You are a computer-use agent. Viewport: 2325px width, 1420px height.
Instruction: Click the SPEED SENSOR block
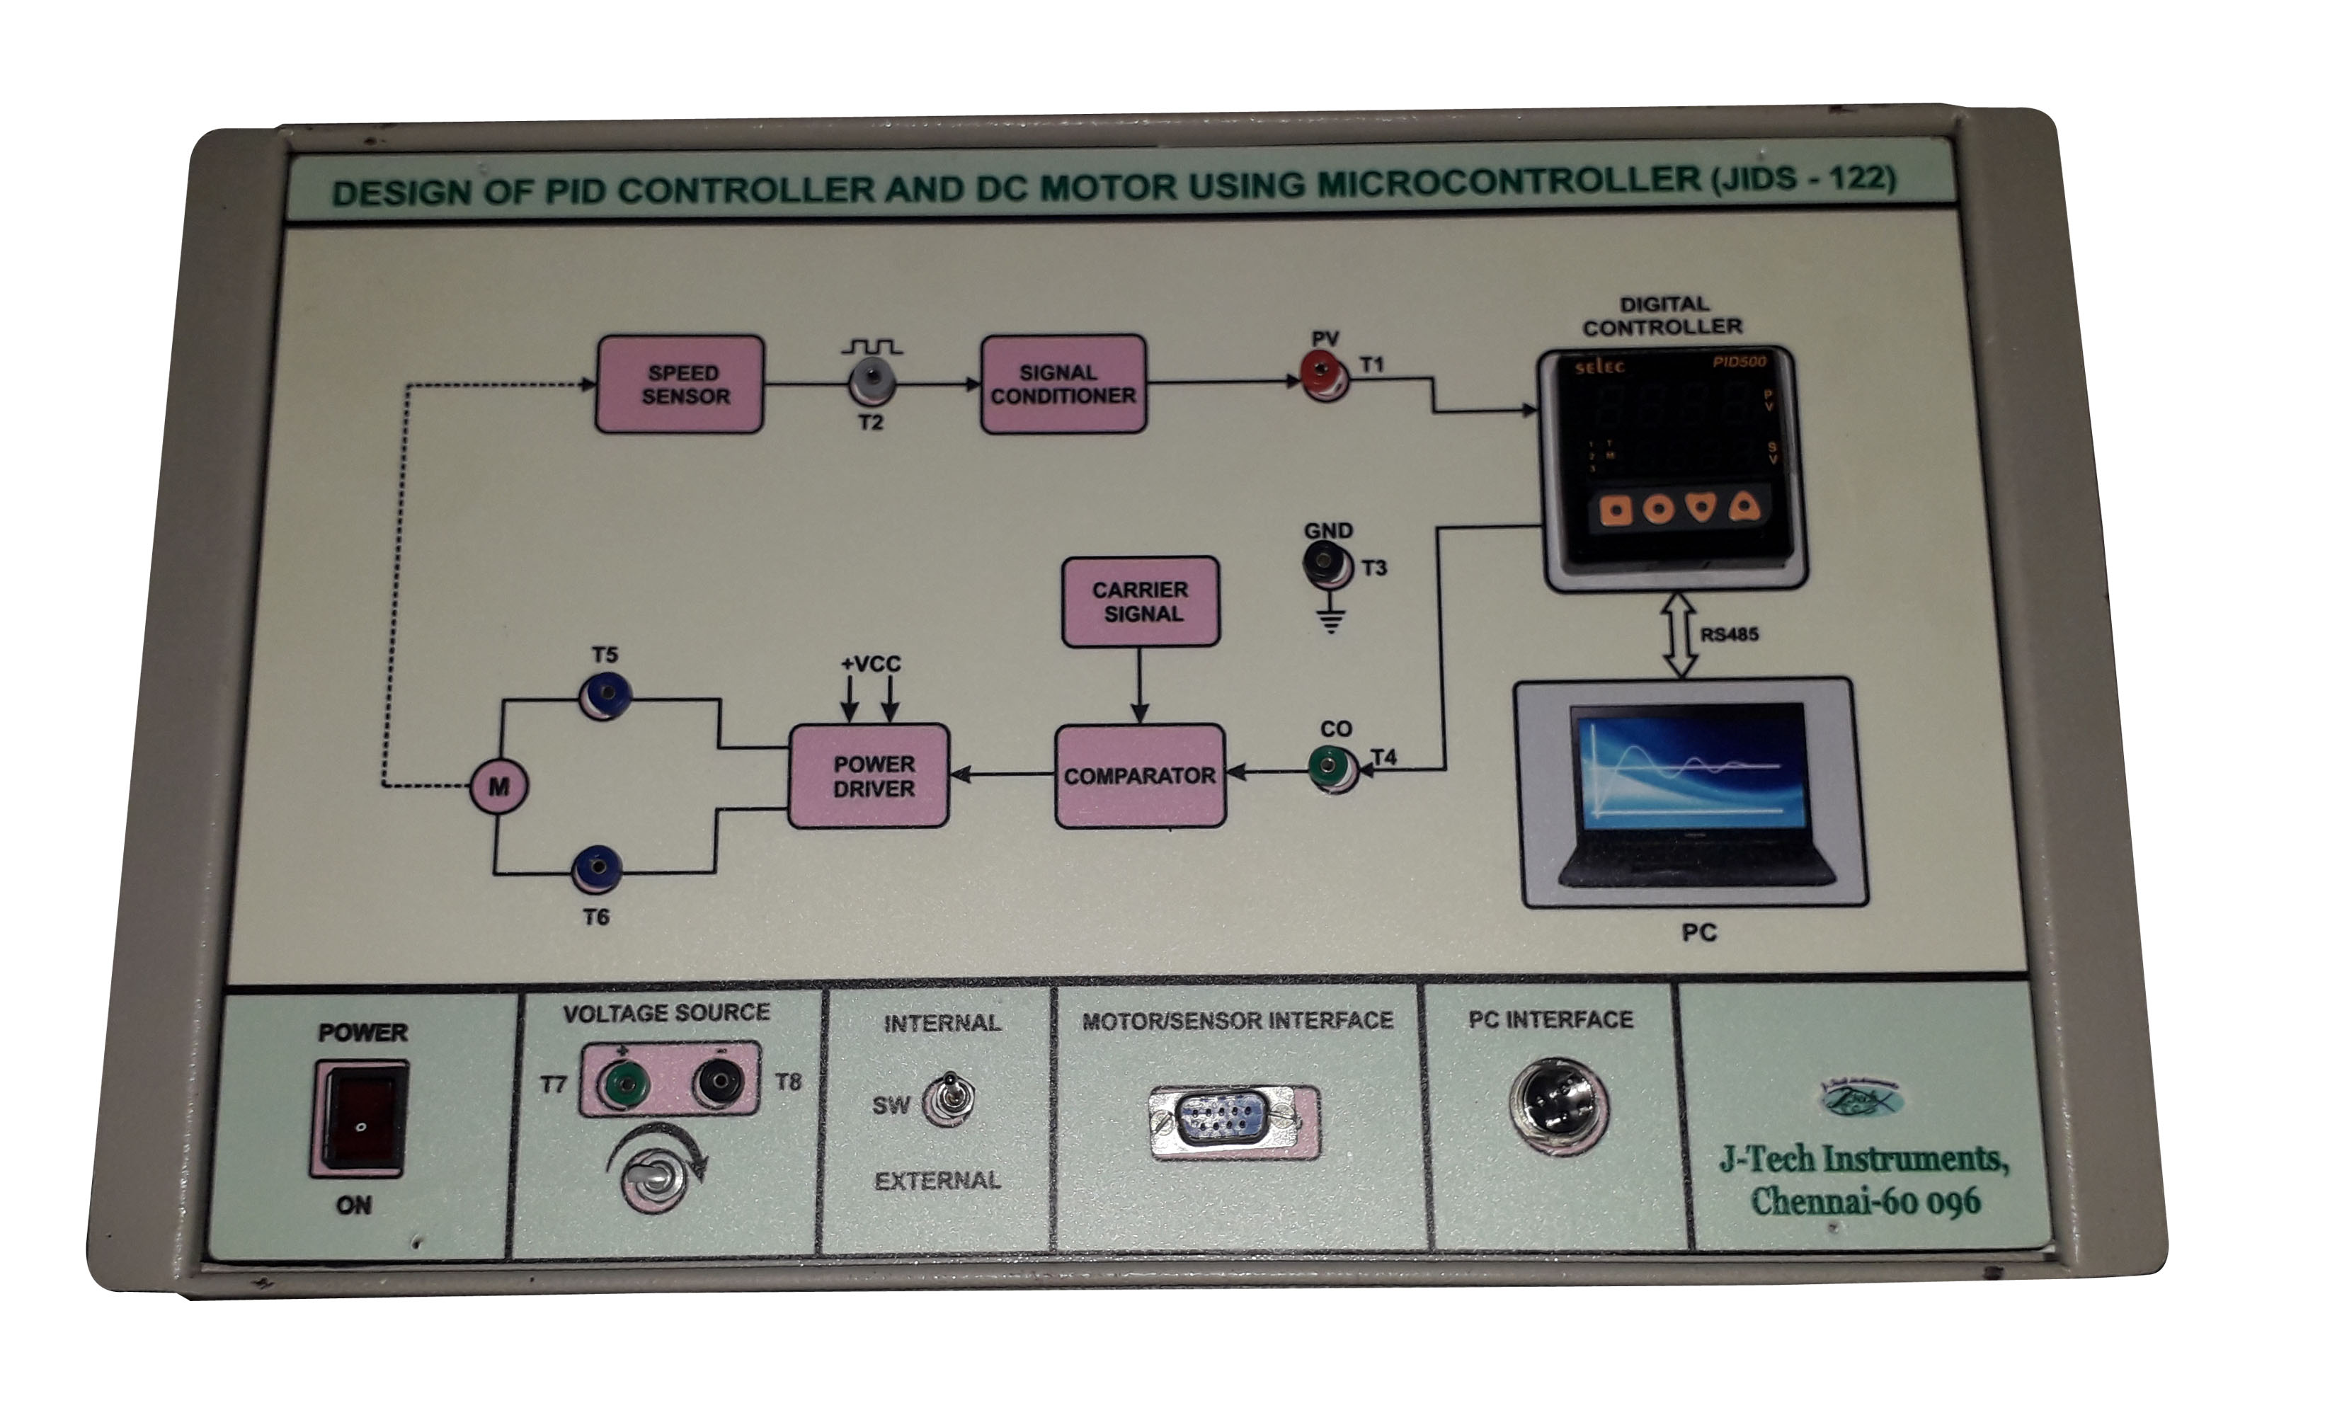coord(680,384)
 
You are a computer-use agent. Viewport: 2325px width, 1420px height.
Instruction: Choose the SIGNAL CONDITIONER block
coord(1063,384)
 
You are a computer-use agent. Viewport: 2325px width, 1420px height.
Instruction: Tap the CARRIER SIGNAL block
coord(1141,601)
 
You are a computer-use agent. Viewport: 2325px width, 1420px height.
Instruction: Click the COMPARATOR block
coord(1140,776)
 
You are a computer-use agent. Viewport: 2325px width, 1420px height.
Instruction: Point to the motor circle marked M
coord(499,785)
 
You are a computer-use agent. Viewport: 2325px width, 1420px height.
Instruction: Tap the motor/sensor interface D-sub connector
coord(1233,1120)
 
